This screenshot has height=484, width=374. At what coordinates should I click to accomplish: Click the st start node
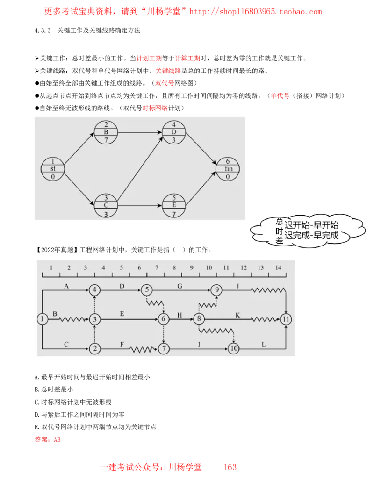(x=52, y=169)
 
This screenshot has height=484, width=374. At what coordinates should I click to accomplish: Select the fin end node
(x=228, y=169)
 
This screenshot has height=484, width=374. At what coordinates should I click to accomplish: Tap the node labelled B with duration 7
(x=106, y=132)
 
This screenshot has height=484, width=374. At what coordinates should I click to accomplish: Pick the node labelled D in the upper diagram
(x=174, y=132)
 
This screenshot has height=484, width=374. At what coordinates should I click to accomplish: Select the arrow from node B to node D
(x=140, y=132)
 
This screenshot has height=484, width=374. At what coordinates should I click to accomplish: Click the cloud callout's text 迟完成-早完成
(x=311, y=235)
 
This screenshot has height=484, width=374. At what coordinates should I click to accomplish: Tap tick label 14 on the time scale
(x=278, y=267)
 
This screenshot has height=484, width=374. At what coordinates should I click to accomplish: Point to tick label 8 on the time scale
(x=174, y=267)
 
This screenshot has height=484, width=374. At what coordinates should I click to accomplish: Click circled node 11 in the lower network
(x=287, y=319)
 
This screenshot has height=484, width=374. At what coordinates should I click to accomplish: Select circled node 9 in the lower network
(x=216, y=290)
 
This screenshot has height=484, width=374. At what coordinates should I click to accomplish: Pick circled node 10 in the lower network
(x=234, y=349)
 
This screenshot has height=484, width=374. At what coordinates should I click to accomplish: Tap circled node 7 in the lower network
(x=164, y=349)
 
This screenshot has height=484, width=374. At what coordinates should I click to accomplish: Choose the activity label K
(x=237, y=315)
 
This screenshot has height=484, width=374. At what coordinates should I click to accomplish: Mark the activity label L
(x=264, y=345)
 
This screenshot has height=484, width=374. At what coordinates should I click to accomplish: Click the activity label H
(x=180, y=315)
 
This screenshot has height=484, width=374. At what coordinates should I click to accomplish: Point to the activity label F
(x=122, y=345)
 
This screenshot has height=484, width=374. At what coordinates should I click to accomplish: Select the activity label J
(x=237, y=285)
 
